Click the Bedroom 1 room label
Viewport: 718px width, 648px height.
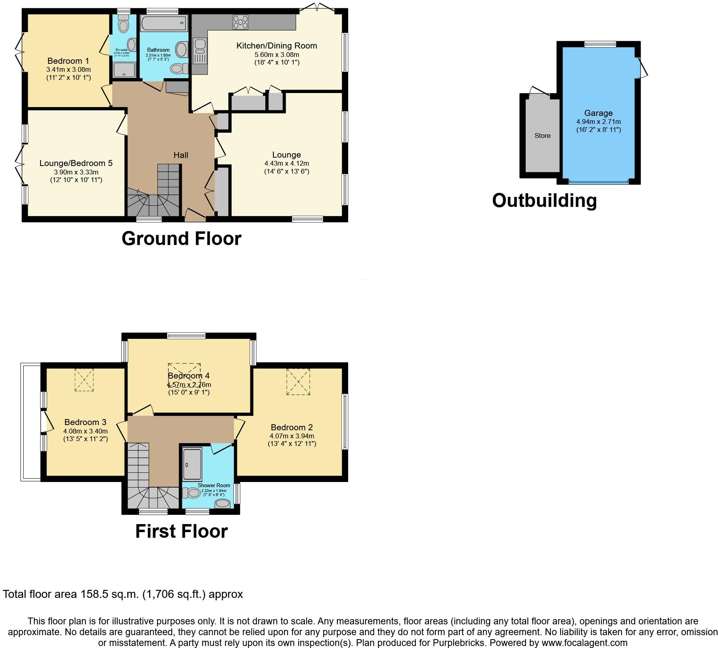coord(68,61)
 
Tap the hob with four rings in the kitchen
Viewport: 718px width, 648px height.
coord(240,22)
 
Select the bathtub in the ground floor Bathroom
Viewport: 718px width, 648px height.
coord(164,23)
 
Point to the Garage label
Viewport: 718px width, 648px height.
coord(598,113)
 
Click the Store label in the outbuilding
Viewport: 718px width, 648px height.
coord(543,136)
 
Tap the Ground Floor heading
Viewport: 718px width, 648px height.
coord(181,238)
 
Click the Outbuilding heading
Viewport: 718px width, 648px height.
coord(544,200)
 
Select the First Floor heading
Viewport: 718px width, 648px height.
coord(181,531)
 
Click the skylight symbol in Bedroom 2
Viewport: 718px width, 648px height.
coord(298,382)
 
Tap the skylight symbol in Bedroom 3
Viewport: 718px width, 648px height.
coord(84,379)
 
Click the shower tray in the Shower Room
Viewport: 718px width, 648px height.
coord(192,464)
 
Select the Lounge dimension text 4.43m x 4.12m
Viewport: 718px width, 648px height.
coord(286,163)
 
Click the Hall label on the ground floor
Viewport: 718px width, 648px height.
coord(181,155)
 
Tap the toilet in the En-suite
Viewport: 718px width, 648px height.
coord(123,25)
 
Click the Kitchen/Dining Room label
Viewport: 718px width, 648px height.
coord(276,46)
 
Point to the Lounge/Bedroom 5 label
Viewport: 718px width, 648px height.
coord(76,163)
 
